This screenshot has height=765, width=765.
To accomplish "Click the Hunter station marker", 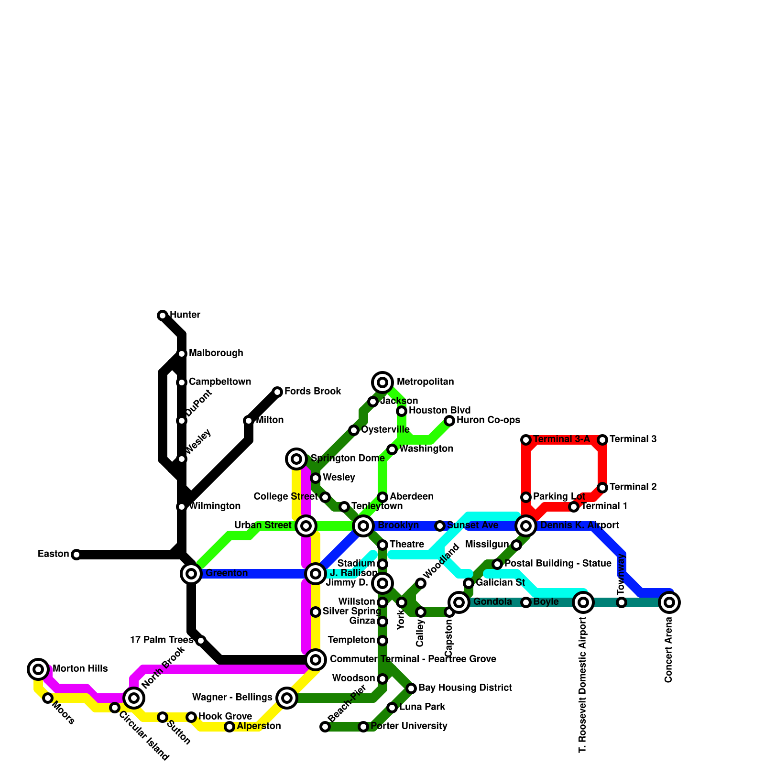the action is tap(163, 316).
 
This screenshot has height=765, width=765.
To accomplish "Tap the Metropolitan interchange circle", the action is tap(382, 382).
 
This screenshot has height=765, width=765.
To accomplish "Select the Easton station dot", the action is tap(76, 555).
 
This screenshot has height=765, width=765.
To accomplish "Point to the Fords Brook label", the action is tap(313, 392).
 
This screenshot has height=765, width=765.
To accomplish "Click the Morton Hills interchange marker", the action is tap(38, 669).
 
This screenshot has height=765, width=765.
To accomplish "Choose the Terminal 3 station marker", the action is tap(602, 440).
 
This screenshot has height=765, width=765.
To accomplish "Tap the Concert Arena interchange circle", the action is tap(669, 602).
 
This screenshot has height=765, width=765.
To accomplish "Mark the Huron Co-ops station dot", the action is tap(449, 421).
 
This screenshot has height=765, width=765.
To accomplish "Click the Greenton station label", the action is tap(227, 573).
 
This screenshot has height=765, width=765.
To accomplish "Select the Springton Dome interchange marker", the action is tap(296, 459).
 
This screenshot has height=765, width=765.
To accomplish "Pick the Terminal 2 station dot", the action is tap(602, 488).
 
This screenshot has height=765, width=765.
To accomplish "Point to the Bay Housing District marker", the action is tap(411, 688).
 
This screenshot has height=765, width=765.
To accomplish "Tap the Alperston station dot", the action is tap(229, 727).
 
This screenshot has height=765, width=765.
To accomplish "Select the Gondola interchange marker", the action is tap(459, 602).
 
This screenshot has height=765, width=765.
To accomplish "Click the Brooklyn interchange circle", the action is tap(363, 526).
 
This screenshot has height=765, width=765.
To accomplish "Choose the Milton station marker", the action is tap(249, 421).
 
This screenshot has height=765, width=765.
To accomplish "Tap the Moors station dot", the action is tap(48, 698).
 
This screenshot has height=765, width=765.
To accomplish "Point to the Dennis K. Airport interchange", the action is tap(526, 526).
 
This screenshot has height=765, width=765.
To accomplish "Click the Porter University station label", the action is tap(409, 726).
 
